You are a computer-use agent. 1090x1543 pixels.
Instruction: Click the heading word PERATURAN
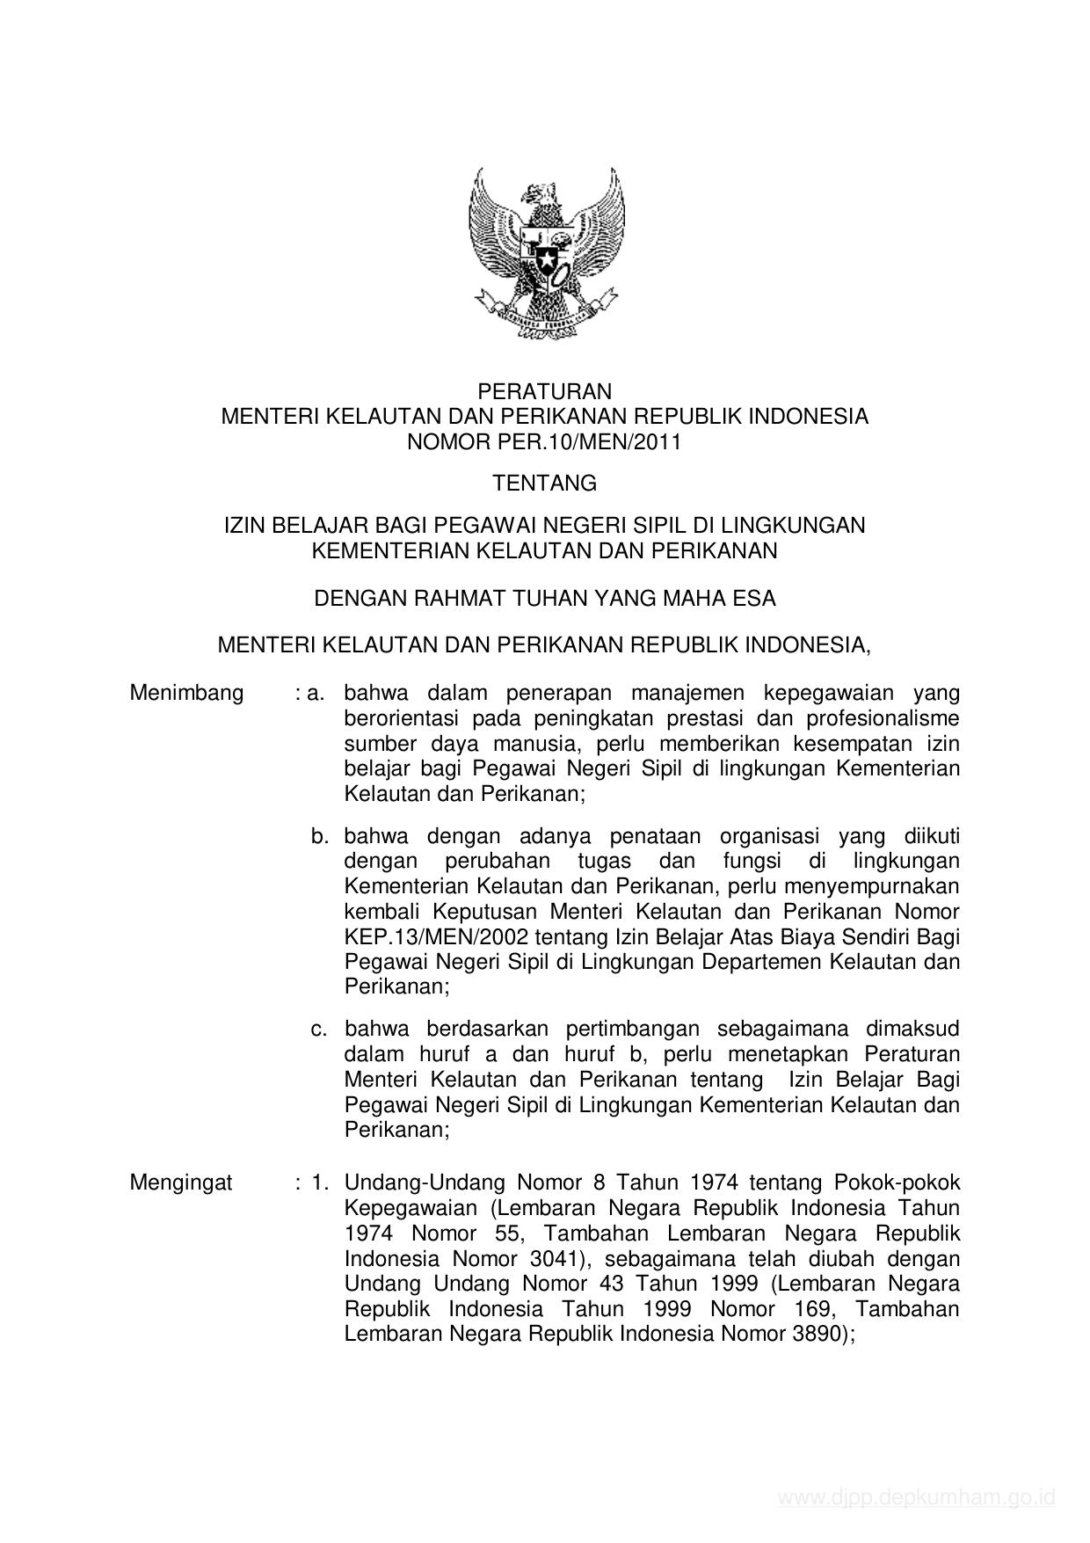tap(544, 391)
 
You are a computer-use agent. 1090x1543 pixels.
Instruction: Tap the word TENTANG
tap(544, 484)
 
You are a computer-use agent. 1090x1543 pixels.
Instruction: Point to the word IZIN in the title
tap(244, 526)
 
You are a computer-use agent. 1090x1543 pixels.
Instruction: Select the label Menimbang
tap(186, 693)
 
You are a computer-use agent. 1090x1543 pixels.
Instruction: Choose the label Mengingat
tap(181, 1183)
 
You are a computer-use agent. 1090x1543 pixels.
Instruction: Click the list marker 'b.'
tap(319, 835)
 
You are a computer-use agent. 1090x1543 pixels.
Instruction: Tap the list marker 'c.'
tap(319, 1029)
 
